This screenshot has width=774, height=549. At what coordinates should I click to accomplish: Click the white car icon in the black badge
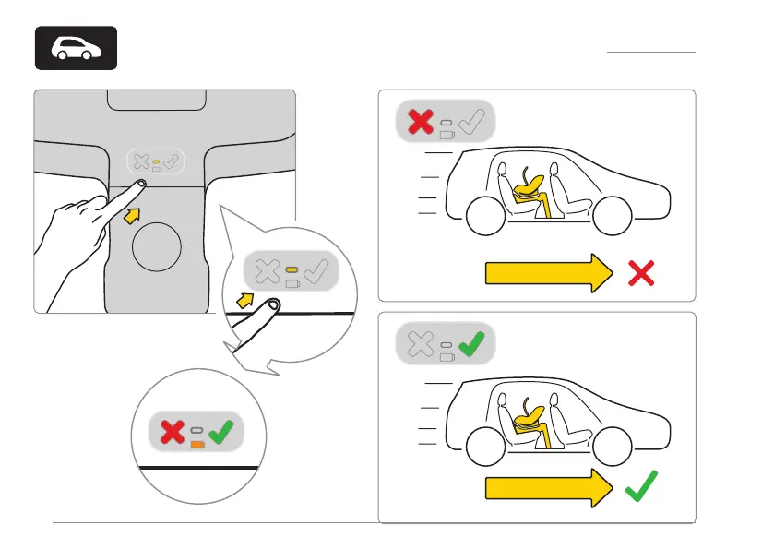76,49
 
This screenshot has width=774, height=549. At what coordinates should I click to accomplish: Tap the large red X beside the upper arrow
642,272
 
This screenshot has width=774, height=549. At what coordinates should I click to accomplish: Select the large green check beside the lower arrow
642,486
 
